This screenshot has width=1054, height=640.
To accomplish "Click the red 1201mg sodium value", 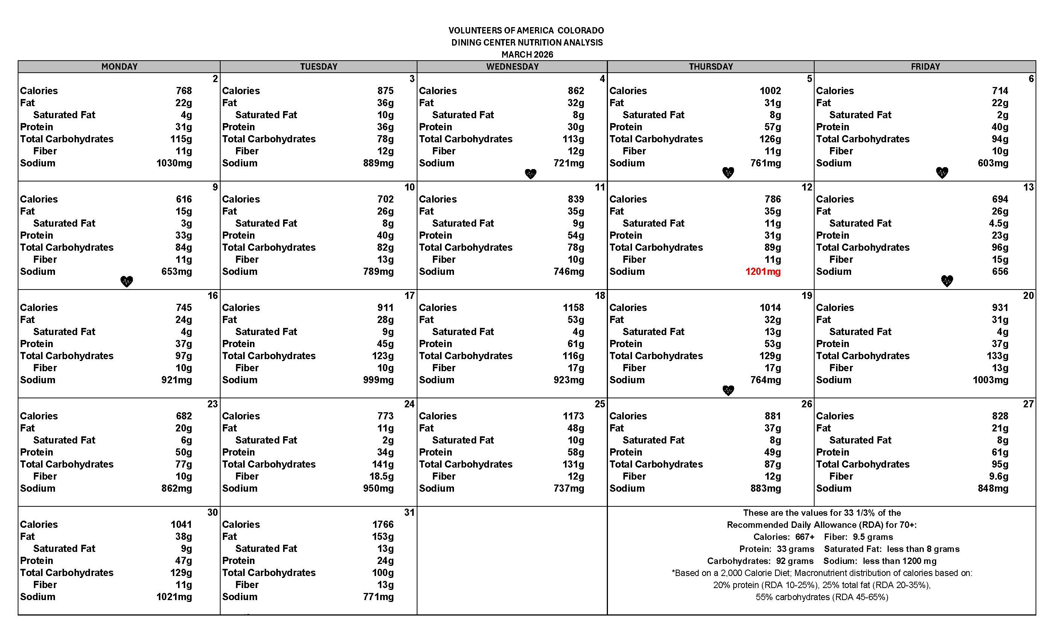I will click(x=763, y=272).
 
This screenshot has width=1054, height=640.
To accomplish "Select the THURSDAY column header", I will click(x=711, y=67).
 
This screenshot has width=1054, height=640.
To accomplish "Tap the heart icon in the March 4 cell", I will click(x=530, y=174).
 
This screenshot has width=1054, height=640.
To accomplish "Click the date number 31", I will click(x=410, y=512).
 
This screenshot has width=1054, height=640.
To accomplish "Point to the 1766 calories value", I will click(x=383, y=524).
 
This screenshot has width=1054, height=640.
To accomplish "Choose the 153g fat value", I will click(x=383, y=536).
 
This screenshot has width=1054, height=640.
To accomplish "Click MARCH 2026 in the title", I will click(x=527, y=55).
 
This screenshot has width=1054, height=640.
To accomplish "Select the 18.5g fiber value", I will click(x=382, y=477).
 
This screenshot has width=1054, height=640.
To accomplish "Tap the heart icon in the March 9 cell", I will click(x=126, y=282).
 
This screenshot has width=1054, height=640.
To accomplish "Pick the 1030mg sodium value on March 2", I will click(x=174, y=163).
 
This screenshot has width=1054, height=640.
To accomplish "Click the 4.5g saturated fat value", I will click(x=998, y=223).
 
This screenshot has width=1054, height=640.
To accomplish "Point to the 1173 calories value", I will click(x=573, y=416).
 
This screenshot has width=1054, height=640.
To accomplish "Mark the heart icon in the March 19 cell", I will click(x=728, y=390).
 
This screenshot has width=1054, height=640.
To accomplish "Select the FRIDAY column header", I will click(x=925, y=67).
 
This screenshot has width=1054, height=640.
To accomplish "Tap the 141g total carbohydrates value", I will click(x=383, y=465).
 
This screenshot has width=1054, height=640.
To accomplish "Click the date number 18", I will click(x=600, y=296).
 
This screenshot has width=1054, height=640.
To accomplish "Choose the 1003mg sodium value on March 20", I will click(x=990, y=380).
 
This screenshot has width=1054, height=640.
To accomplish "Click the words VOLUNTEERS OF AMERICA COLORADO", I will click(x=526, y=31).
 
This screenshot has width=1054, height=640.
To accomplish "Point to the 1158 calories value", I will click(x=573, y=308).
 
